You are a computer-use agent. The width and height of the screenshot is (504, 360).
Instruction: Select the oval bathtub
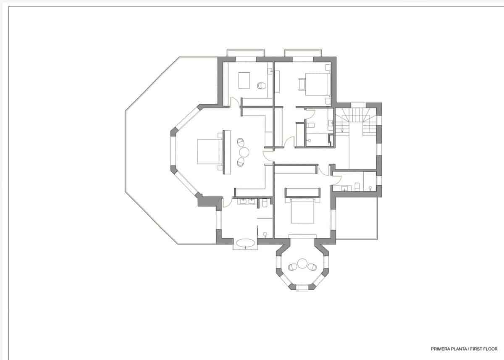(x=245, y=242)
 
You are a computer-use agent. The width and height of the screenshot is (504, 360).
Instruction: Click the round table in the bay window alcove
(x=302, y=264)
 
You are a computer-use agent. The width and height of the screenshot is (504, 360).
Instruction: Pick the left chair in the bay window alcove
(x=292, y=267)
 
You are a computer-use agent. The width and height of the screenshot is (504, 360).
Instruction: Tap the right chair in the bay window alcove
(x=312, y=267)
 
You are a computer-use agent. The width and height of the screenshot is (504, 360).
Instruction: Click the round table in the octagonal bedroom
(x=244, y=152)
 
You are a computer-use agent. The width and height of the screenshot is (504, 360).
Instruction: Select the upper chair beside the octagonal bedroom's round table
(x=241, y=142)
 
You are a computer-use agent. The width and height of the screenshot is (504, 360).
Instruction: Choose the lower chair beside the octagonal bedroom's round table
(x=241, y=161)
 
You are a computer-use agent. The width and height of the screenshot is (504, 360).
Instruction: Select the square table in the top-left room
(x=244, y=80)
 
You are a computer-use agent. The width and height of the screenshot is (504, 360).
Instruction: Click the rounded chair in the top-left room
(x=262, y=85)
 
